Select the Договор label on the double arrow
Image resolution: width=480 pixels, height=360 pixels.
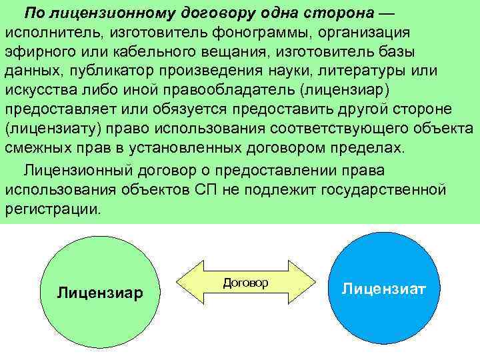coord(245,283)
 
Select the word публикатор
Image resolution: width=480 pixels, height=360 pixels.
coord(113,72)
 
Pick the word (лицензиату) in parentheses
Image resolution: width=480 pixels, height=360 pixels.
coord(51,129)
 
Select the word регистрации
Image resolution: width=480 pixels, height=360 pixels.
coord(54,209)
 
